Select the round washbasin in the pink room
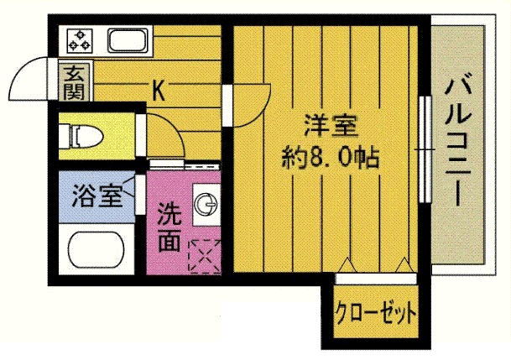pyautogui.click(x=206, y=201)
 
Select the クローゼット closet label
pyautogui.click(x=376, y=315)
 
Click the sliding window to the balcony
pyautogui.click(x=425, y=146)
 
